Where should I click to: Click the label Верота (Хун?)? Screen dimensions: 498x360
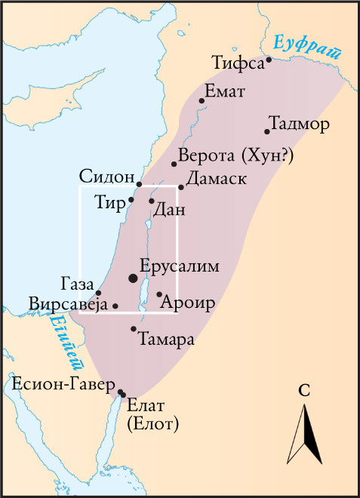[236, 156]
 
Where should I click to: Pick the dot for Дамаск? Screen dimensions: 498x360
[181, 186]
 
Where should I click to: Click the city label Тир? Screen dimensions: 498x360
[110, 202]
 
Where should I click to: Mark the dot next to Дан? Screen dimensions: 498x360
[152, 201]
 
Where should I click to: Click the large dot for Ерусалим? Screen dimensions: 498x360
[134, 278]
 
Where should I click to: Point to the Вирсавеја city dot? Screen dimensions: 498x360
[115, 306]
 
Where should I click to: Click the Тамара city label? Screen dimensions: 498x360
[167, 340]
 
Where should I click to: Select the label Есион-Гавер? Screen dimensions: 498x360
[63, 383]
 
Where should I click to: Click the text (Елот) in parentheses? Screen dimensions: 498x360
[153, 424]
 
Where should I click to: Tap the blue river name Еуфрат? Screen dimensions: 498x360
[308, 47]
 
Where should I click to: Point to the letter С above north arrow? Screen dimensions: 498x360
[305, 390]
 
